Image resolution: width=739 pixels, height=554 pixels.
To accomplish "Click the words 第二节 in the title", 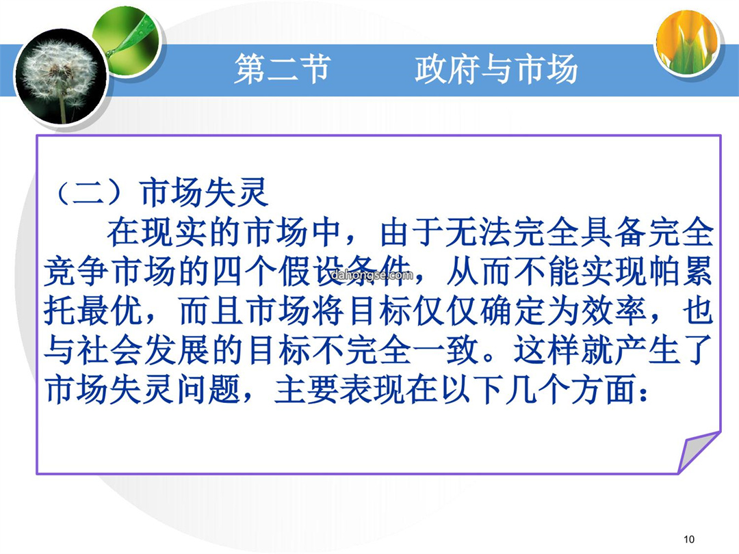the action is click(x=282, y=69).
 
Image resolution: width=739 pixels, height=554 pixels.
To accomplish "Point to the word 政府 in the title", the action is click(x=447, y=69).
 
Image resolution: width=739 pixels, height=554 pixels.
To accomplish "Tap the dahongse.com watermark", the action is click(x=372, y=275).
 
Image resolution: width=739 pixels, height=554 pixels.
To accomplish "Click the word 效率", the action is click(x=613, y=311).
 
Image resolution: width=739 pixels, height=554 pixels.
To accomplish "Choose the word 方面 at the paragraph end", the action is click(x=603, y=391).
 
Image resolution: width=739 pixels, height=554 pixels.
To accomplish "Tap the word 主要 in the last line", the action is click(x=307, y=391).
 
